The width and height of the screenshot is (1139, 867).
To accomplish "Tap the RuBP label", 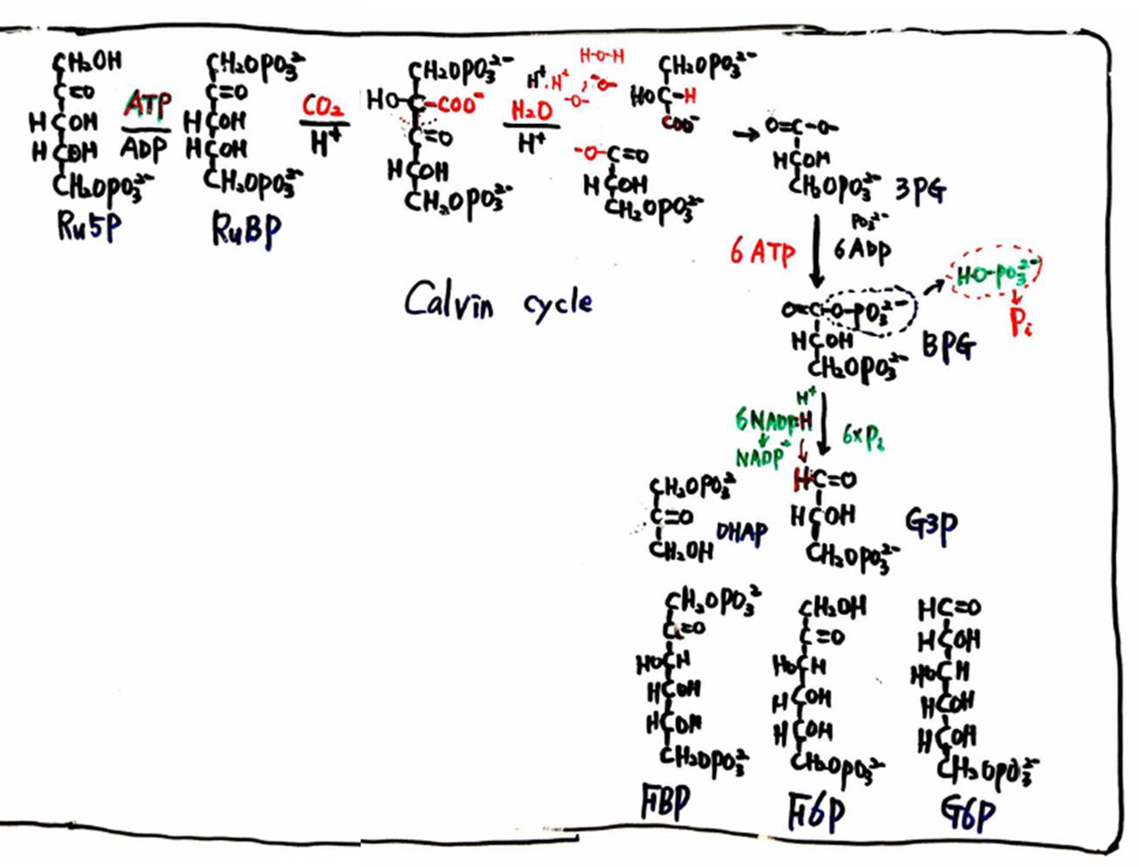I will point(247,230).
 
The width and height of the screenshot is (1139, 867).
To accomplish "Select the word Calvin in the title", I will point(449,302).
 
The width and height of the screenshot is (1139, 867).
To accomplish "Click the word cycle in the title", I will point(558,305).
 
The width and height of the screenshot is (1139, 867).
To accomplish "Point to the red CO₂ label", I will point(322,107).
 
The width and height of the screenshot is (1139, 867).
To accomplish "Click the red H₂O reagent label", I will point(532,111).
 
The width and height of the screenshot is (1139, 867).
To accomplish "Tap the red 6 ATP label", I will point(763,253).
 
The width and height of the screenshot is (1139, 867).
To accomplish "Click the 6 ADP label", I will point(862,251).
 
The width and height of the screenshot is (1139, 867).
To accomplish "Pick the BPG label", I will point(949,347).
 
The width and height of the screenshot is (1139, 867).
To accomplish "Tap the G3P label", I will point(931,524).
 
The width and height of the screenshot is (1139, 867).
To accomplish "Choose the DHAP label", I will point(742,532).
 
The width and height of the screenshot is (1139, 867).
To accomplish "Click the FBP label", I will point(666,803).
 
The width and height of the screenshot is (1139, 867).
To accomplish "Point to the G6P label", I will point(968,814).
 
